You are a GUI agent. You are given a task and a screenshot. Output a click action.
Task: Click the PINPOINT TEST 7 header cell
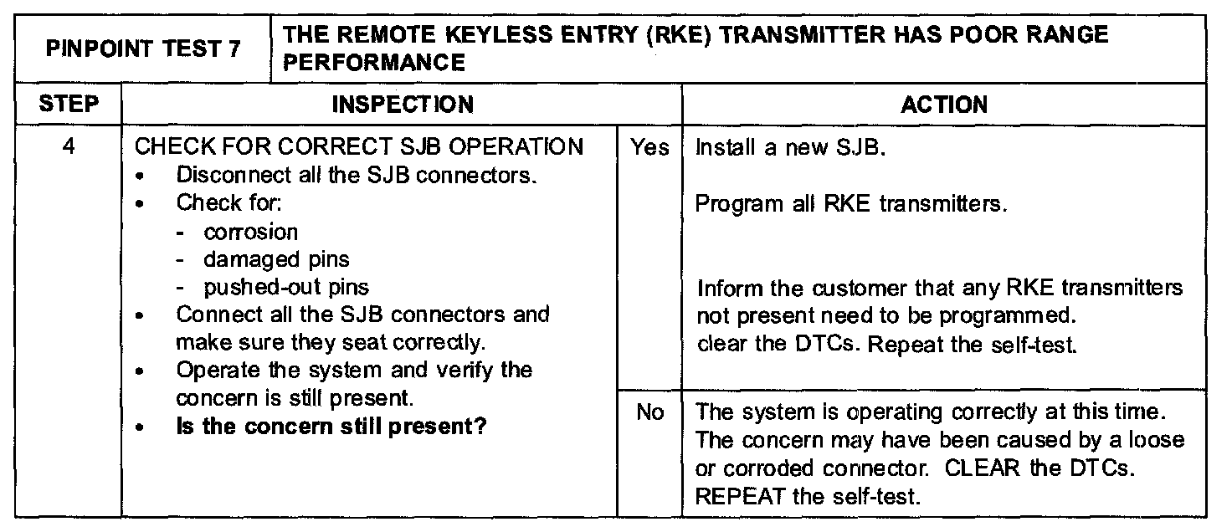point(143,49)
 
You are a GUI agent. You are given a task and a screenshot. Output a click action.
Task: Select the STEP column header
point(69,105)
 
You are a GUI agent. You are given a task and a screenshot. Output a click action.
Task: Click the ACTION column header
point(944,105)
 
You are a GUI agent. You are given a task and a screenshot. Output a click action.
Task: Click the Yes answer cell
point(649,148)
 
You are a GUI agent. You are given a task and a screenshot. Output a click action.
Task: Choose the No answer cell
point(649,412)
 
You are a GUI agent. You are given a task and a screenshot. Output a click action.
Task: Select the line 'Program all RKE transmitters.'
point(850,204)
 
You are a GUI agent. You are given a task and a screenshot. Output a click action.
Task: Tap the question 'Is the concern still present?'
point(331,426)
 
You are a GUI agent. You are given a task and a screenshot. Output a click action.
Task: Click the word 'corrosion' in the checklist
point(250,232)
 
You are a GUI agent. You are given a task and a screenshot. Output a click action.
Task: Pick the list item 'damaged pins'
point(276,259)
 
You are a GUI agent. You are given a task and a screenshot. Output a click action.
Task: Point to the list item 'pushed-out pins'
point(285,287)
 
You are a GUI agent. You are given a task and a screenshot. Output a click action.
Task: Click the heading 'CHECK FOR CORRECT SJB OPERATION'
point(359,147)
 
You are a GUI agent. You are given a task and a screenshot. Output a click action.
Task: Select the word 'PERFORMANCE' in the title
point(374,63)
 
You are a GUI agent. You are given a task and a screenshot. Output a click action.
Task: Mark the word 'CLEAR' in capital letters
point(983,468)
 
